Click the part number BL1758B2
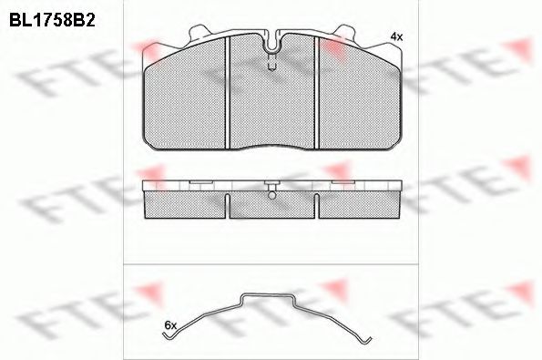click(x=52, y=21)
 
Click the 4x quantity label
click(x=396, y=36)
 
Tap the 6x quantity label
click(x=170, y=325)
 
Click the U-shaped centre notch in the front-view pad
click(x=272, y=42)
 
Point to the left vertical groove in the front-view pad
click(x=228, y=93)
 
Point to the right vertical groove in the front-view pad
click(x=316, y=93)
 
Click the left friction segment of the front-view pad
click(x=185, y=100)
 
